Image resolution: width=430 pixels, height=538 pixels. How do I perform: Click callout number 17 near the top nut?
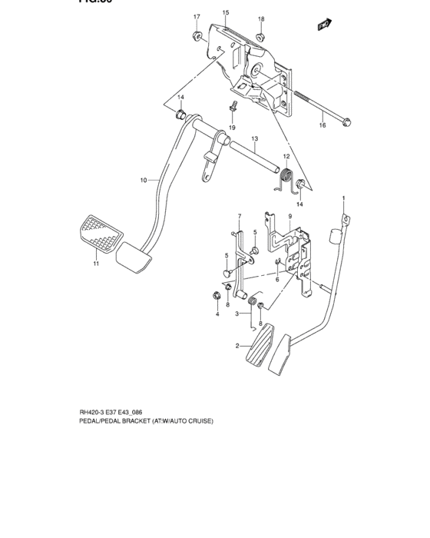196,17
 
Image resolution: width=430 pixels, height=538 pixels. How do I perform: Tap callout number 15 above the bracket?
226,13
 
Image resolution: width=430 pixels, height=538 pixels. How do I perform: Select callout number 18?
260,18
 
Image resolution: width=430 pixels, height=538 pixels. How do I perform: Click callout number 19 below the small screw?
231,127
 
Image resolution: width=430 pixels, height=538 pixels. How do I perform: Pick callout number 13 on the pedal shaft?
254,139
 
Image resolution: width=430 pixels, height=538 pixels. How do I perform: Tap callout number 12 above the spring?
286,157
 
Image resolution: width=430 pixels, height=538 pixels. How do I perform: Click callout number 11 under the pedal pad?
96,264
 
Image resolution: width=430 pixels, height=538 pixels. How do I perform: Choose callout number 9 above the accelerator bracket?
290,218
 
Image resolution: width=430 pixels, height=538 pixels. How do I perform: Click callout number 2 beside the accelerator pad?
239,347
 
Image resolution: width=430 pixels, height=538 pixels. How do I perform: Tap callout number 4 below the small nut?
217,314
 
